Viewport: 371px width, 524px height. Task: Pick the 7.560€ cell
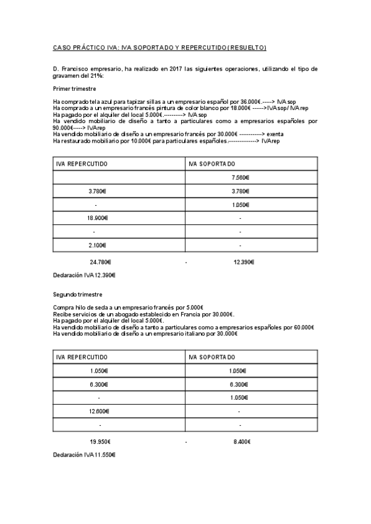[240, 177]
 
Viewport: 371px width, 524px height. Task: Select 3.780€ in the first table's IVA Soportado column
[240, 191]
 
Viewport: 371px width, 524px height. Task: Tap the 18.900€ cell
[98, 218]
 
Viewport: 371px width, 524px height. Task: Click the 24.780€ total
[100, 262]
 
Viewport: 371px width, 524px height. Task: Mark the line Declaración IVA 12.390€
[85, 274]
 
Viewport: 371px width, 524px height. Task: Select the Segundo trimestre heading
[77, 295]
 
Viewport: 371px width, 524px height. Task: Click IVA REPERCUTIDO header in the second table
[82, 357]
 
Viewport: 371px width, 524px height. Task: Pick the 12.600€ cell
[98, 411]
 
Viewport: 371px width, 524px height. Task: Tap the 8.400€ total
[242, 442]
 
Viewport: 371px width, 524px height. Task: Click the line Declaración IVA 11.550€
[85, 454]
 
